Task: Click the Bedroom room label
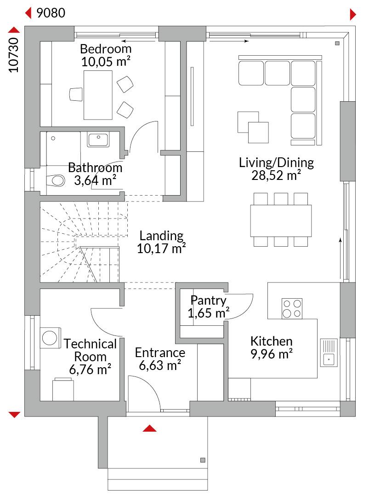[106, 49]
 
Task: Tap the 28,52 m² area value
[276, 175]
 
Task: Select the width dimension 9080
[51, 13]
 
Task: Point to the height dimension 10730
[14, 55]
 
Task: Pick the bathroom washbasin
[98, 139]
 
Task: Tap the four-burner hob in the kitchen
[292, 308]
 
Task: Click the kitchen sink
[329, 353]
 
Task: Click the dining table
[281, 220]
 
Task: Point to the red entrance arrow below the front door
[149, 428]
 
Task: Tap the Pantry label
[208, 301]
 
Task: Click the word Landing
[161, 236]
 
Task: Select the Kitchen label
[271, 341]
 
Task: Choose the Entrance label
[160, 353]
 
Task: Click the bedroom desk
[98, 95]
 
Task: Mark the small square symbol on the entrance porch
[203, 460]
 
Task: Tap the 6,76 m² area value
[90, 370]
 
